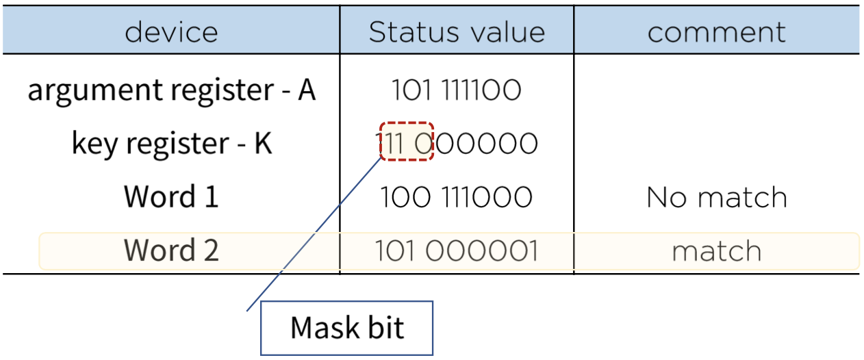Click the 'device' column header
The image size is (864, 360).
(x=171, y=32)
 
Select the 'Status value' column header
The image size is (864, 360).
(x=457, y=32)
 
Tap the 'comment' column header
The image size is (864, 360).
(x=716, y=32)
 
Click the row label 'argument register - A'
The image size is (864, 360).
(x=171, y=90)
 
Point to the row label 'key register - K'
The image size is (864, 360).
(x=171, y=144)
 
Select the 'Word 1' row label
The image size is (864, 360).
(x=171, y=197)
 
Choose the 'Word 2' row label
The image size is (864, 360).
(x=171, y=250)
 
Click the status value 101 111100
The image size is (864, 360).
(x=457, y=90)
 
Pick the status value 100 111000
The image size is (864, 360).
(x=457, y=197)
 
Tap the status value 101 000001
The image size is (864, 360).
(x=457, y=251)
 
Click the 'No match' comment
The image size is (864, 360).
(x=716, y=197)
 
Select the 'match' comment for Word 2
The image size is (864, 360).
(x=716, y=251)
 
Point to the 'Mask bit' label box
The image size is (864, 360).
(x=347, y=328)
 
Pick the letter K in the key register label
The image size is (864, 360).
(x=264, y=144)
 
